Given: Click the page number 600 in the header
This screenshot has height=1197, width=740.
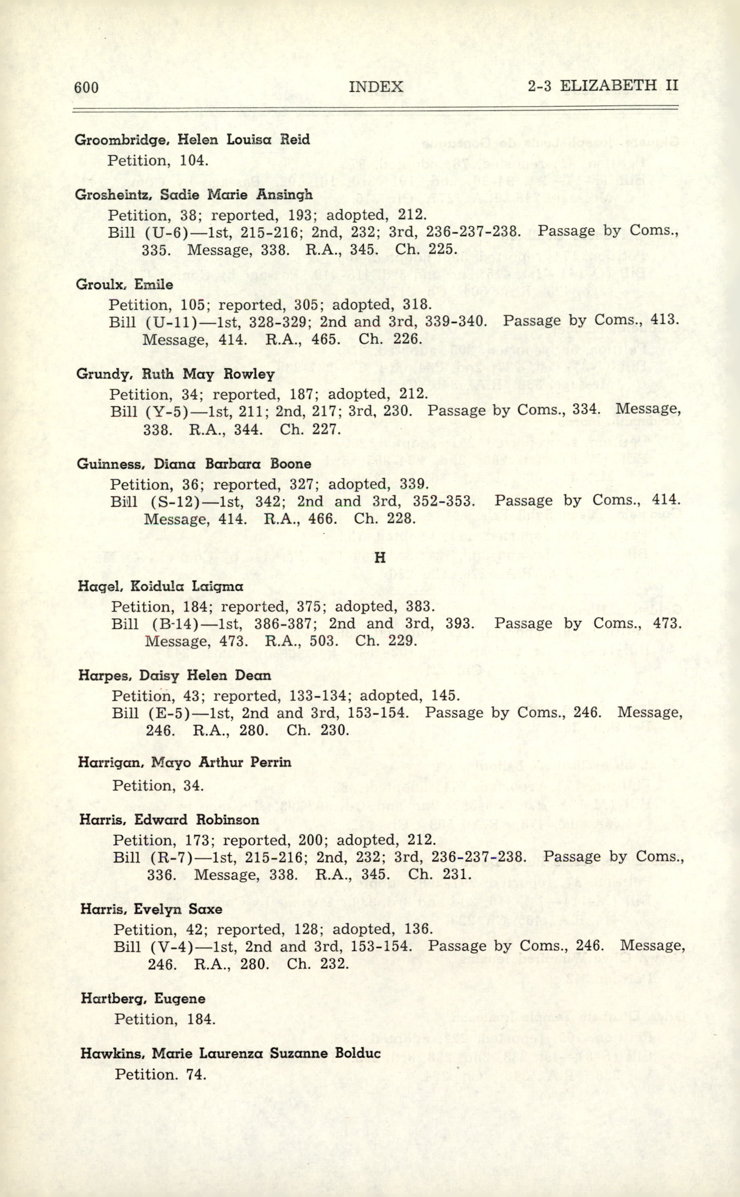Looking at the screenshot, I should [86, 88].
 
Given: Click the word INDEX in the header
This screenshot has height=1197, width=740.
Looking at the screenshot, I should [376, 87].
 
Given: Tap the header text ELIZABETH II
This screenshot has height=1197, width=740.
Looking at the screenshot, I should [619, 86].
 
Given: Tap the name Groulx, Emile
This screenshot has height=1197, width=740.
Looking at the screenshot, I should [124, 285].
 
